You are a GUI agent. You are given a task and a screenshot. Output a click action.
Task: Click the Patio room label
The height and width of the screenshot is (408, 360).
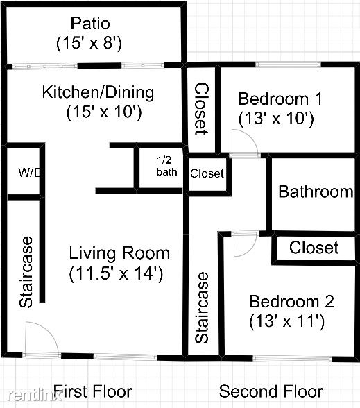90,23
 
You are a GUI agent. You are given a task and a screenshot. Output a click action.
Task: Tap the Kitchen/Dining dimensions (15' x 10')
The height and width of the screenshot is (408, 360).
104,112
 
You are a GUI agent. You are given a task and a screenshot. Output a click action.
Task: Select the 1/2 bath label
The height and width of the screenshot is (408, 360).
166,166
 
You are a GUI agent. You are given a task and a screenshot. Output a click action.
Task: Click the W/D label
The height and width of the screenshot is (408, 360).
29,172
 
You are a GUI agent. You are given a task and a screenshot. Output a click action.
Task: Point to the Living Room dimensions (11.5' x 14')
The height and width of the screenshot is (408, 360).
116,273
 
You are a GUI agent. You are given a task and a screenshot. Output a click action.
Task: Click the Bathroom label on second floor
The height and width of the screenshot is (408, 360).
316,192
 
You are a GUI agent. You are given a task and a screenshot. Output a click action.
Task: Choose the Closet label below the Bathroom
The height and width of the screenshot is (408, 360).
314,247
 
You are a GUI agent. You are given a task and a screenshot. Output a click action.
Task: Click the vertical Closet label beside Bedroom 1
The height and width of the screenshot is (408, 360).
202,108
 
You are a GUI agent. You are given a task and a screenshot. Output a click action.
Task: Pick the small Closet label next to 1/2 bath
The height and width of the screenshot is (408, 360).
207,173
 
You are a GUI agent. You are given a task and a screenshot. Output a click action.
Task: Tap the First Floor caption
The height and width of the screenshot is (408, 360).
93,391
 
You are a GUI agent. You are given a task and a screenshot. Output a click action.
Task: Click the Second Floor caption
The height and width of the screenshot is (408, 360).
271,391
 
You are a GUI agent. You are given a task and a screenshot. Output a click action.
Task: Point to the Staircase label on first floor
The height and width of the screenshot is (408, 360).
26,272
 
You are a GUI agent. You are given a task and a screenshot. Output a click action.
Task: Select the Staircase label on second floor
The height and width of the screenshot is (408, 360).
202,308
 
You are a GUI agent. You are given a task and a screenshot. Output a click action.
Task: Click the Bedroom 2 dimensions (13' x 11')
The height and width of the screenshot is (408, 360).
287,322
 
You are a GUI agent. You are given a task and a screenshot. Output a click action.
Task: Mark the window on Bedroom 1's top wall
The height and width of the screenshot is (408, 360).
288,65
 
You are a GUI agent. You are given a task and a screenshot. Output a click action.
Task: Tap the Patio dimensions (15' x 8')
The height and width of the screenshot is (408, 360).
89,43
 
